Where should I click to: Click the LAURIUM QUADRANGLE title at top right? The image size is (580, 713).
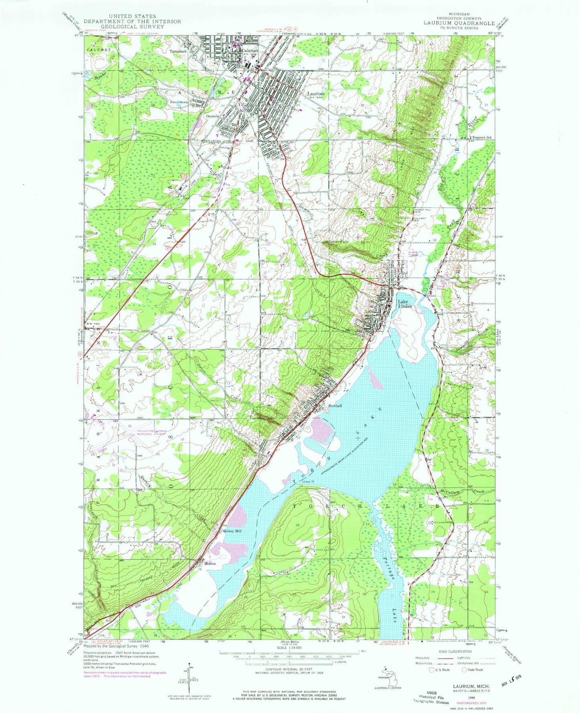(459, 23)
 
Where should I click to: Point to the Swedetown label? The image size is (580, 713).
(179, 102)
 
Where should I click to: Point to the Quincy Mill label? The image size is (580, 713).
(233, 531)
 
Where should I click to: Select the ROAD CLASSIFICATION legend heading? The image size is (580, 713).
(447, 652)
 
